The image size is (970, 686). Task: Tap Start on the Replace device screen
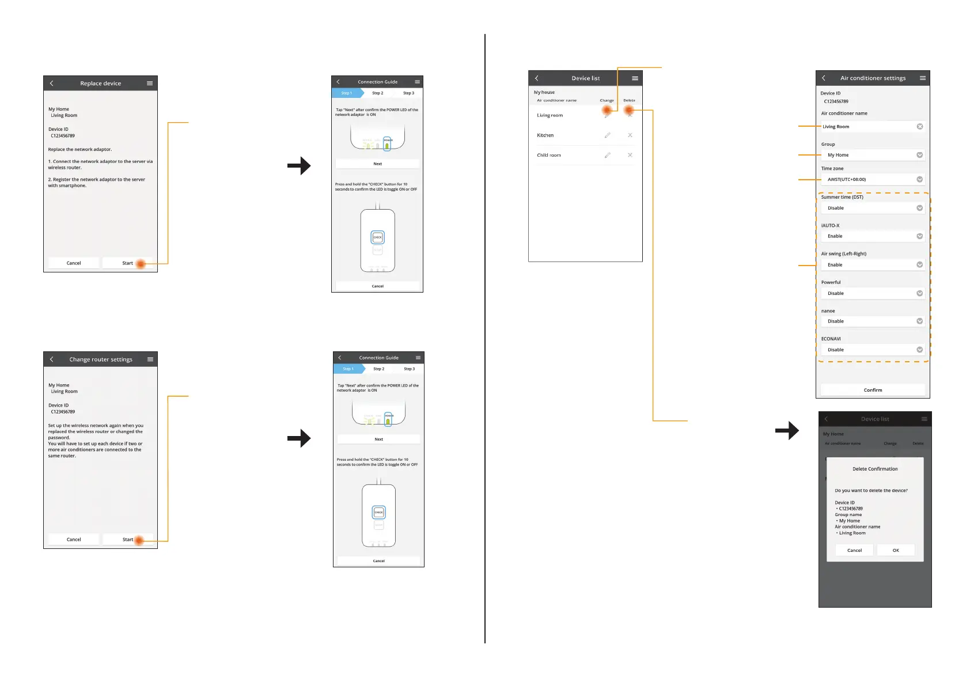[x=128, y=263]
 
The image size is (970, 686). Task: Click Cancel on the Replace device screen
[x=74, y=263]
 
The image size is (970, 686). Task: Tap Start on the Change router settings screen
[x=128, y=540]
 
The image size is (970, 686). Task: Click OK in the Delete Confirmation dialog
[x=896, y=550]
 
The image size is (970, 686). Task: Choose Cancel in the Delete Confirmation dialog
[x=854, y=550]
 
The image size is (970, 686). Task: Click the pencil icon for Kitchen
[x=607, y=135]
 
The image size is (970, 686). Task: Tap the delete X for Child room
[x=630, y=155]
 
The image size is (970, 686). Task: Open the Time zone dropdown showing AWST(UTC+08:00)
[x=919, y=179]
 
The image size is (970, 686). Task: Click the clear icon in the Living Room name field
[x=919, y=127]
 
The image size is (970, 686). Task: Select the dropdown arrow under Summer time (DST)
[x=919, y=208]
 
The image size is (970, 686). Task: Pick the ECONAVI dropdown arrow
[x=919, y=350]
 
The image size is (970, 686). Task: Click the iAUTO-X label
[x=830, y=225]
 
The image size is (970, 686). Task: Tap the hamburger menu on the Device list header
[x=635, y=78]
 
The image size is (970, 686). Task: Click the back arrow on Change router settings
[x=52, y=359]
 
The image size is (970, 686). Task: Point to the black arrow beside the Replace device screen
[x=299, y=166]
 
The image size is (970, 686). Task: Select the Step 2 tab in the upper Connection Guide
[x=377, y=93]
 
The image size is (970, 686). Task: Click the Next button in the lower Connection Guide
[x=378, y=439]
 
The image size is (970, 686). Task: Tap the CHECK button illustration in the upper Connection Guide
[x=377, y=237]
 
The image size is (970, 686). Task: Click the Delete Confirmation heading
[x=875, y=469]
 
